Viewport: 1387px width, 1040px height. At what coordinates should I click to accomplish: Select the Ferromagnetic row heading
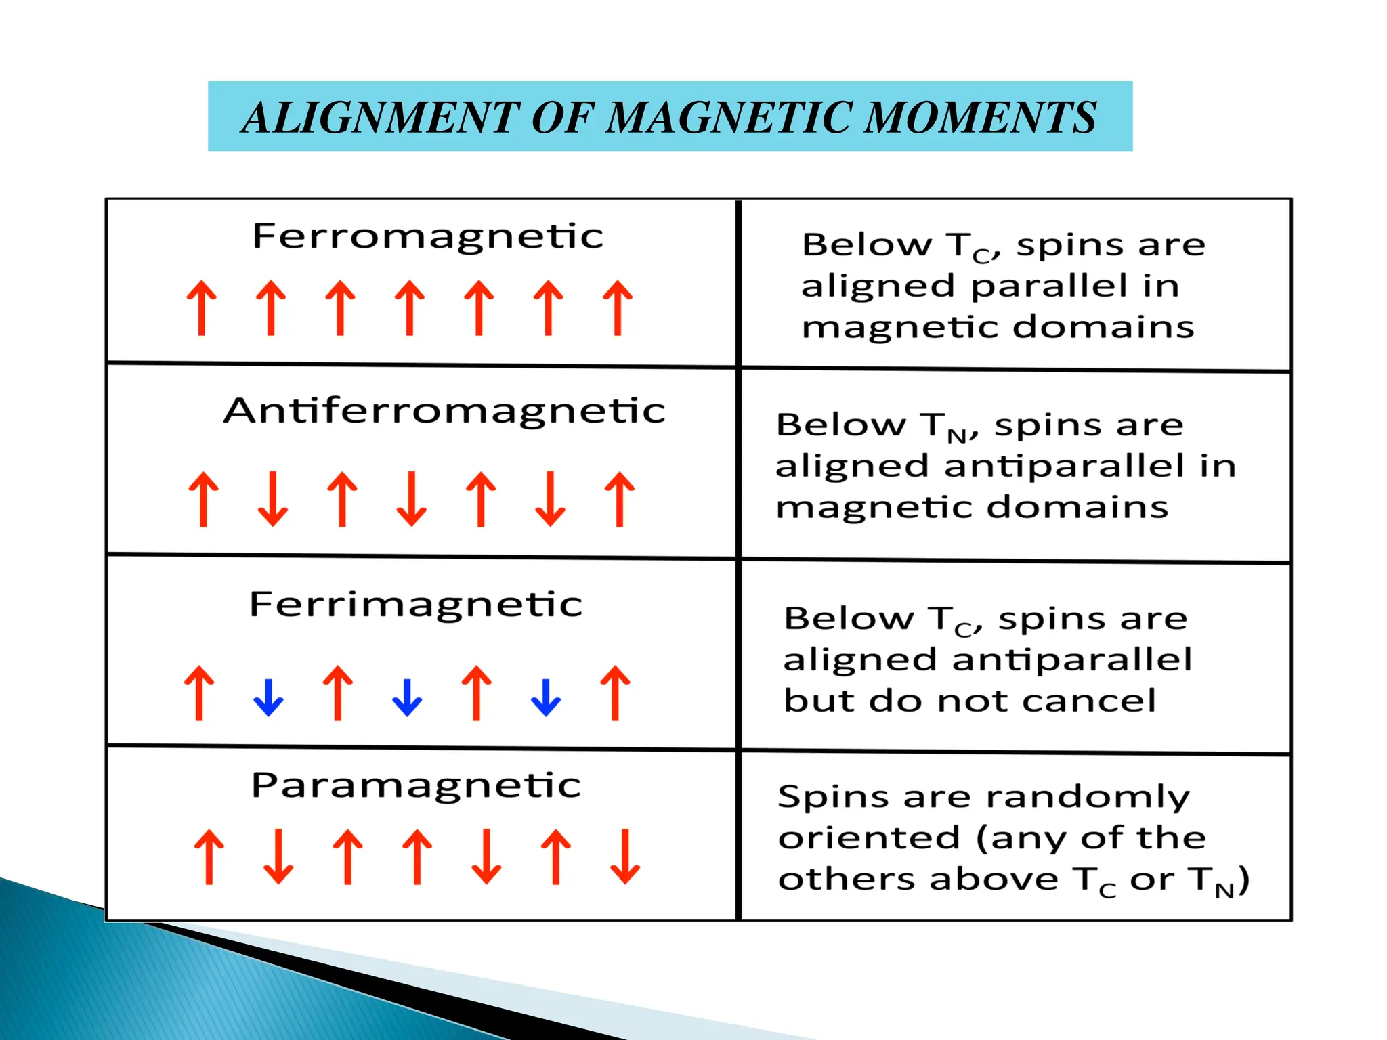(x=427, y=236)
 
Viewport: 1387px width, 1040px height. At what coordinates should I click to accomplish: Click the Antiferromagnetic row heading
(x=444, y=411)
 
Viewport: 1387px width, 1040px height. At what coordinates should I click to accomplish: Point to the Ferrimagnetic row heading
(x=416, y=604)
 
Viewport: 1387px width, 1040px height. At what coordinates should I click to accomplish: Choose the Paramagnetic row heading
(x=416, y=785)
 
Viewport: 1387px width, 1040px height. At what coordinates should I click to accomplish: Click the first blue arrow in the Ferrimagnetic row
(x=268, y=697)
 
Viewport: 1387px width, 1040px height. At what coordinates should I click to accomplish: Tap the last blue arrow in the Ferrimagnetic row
(x=546, y=697)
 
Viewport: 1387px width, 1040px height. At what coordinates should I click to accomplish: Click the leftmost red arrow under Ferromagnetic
(x=202, y=308)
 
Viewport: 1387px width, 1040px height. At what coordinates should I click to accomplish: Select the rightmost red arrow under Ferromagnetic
(x=618, y=308)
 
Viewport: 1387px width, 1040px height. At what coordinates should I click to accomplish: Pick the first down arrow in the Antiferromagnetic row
(x=273, y=499)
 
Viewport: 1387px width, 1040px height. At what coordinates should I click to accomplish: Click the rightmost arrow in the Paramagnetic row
(x=624, y=857)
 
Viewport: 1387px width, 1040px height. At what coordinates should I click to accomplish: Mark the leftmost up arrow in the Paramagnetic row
(x=209, y=857)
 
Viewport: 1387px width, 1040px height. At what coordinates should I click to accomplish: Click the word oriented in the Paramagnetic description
(x=869, y=838)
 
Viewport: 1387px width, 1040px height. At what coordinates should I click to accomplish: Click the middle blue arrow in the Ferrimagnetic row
(x=407, y=697)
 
